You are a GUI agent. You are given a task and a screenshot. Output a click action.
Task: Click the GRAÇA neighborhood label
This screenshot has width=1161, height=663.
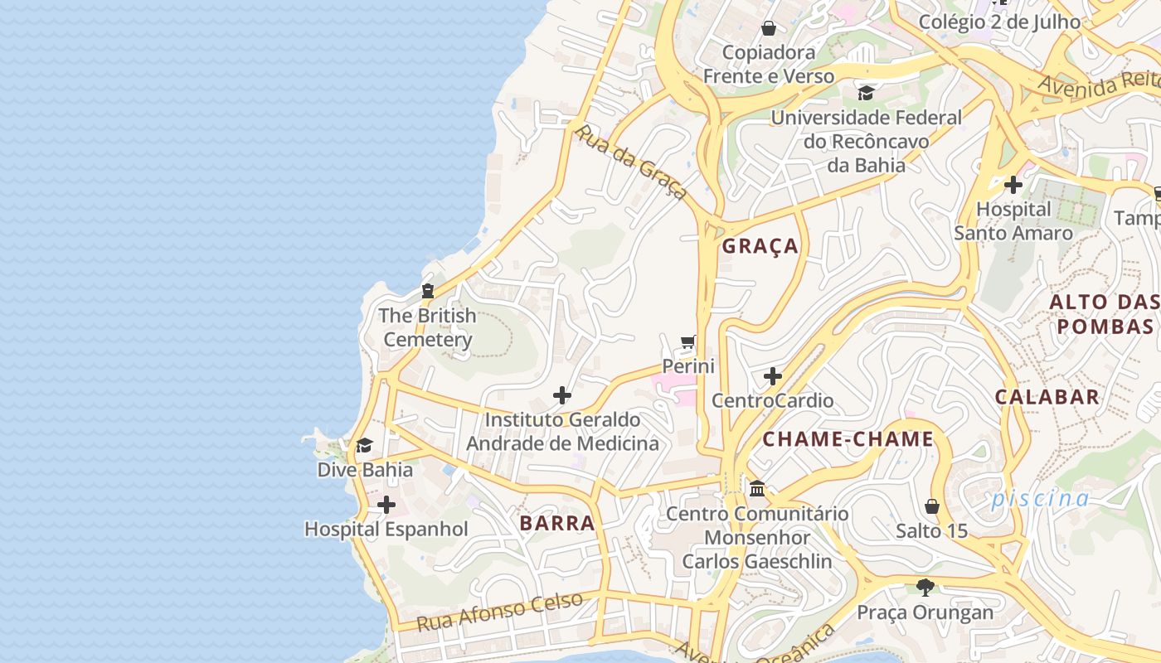(x=760, y=246)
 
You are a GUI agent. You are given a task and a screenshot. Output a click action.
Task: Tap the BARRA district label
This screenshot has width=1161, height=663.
(x=557, y=523)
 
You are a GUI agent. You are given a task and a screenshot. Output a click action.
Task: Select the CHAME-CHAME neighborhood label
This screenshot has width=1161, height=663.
(x=848, y=439)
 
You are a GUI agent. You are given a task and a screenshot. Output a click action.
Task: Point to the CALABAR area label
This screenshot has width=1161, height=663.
(x=1047, y=397)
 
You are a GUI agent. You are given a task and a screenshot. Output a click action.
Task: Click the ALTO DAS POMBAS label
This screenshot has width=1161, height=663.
(x=1105, y=314)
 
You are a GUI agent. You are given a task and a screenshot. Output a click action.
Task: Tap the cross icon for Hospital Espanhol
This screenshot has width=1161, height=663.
(x=386, y=505)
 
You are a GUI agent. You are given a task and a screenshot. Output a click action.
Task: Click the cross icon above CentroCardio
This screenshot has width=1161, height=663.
(x=773, y=376)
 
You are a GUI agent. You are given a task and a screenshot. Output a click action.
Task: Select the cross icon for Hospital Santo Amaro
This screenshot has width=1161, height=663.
(x=1013, y=185)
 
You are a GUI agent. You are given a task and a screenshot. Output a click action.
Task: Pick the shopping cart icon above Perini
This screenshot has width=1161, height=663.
(x=688, y=341)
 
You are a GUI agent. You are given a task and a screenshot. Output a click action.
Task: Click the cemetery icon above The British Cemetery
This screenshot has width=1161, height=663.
(x=428, y=291)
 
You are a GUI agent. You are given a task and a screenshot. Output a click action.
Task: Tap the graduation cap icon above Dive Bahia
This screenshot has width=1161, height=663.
(x=364, y=446)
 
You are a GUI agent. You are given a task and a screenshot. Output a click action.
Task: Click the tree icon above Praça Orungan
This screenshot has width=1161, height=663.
(x=925, y=588)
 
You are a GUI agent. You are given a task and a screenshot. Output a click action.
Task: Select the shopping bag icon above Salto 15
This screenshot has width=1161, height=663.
(x=932, y=506)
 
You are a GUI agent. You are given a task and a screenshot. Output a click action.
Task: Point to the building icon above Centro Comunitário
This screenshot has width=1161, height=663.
(x=757, y=489)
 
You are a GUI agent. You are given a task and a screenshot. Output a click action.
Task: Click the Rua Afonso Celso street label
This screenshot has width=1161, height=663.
(x=499, y=612)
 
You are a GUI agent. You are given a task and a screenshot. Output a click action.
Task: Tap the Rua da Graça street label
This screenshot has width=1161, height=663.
(x=631, y=162)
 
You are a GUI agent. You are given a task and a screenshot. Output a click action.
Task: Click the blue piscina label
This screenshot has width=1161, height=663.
(x=1040, y=499)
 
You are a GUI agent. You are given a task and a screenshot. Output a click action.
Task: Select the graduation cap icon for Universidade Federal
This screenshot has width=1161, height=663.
(x=866, y=93)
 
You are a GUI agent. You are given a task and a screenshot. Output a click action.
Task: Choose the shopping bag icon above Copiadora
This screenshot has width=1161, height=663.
(x=769, y=28)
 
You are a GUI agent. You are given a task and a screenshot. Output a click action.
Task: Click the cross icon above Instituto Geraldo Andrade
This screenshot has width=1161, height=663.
(x=562, y=395)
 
